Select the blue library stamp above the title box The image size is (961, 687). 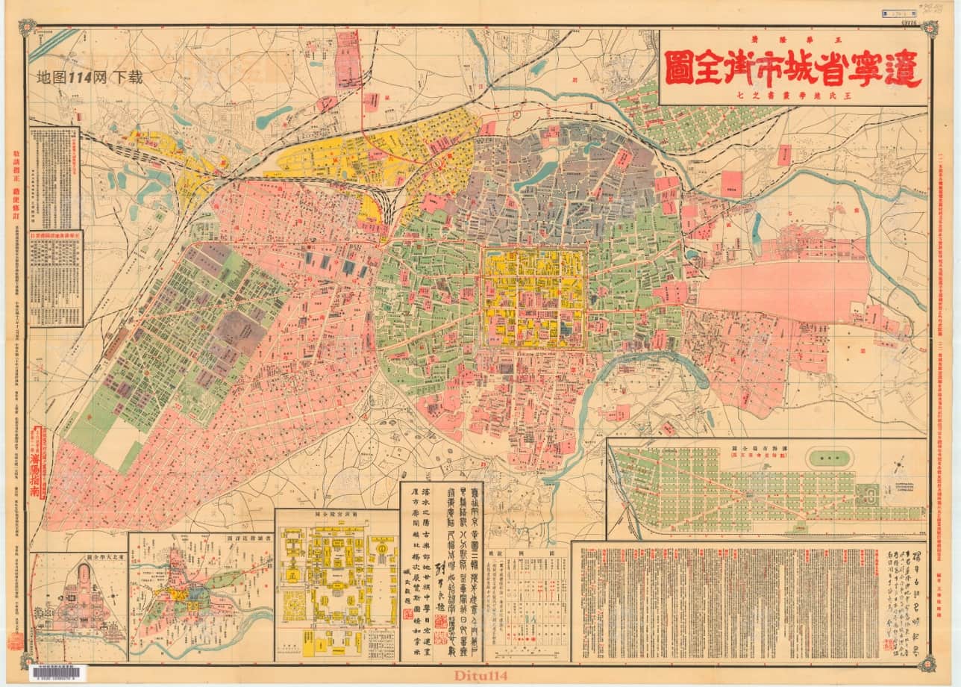tap(899, 13)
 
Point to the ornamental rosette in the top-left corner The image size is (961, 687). tap(28, 28)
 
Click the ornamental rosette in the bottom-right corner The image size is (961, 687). tap(928, 662)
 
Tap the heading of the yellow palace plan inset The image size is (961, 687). tap(337, 515)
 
